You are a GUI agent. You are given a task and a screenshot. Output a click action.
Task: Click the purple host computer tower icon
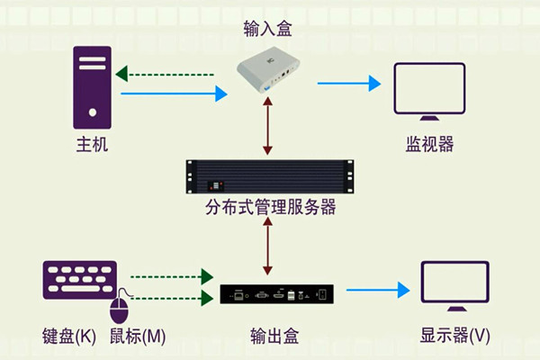pyautogui.click(x=93, y=86)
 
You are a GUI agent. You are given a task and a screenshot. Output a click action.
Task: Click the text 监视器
pyautogui.click(x=429, y=144)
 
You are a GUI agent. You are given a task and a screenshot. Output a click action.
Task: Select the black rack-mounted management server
pyautogui.click(x=266, y=175)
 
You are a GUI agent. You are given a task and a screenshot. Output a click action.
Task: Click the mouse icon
pyautogui.click(x=120, y=309)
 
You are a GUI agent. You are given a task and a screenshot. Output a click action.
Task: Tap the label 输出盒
pyautogui.click(x=274, y=336)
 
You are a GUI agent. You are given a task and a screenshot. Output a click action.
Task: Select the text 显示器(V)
pyautogui.click(x=455, y=336)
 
